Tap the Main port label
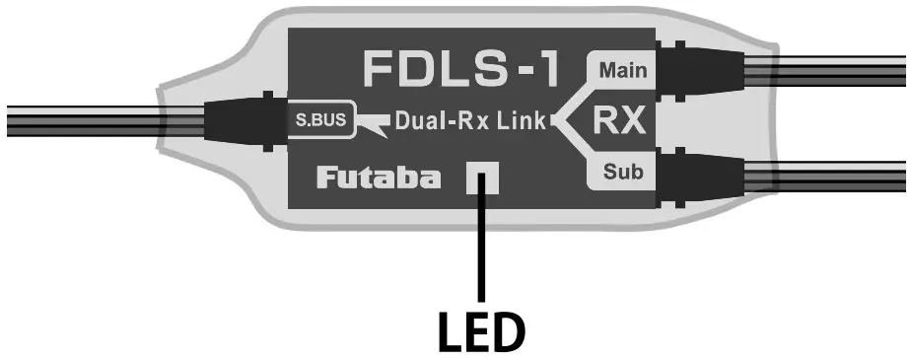pos(621,70)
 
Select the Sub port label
pos(622,174)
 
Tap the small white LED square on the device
pos(483,180)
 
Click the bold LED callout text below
pos(482,333)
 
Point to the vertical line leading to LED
pos(483,247)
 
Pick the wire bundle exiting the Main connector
pos(828,70)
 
